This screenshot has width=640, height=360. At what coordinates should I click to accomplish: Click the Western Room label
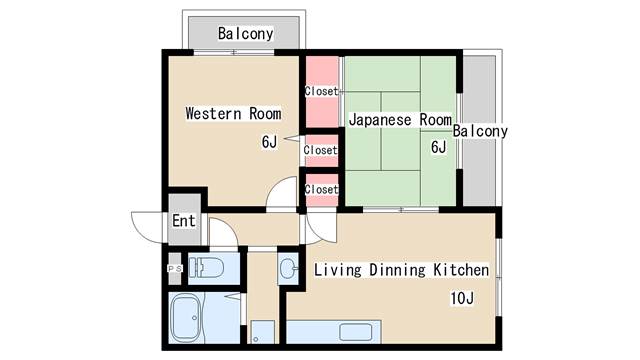233,113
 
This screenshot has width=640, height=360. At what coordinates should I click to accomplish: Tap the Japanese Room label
400,120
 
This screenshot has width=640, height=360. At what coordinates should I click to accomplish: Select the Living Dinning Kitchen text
401,270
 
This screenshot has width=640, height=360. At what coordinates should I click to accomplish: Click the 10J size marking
462,298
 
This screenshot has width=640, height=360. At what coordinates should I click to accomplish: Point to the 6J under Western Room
269,142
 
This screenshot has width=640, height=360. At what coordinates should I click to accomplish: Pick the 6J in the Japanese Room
439,147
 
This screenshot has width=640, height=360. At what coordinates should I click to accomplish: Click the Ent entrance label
184,221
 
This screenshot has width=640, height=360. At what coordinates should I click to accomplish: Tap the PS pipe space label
175,269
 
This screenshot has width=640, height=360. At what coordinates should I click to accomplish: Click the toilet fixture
207,268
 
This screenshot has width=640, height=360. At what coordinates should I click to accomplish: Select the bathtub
186,319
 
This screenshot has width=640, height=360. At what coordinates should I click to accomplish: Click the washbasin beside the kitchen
289,268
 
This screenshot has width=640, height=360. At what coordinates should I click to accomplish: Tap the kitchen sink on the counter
356,332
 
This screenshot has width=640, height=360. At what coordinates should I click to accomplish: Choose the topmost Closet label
322,91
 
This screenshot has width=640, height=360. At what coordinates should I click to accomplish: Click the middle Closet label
321,150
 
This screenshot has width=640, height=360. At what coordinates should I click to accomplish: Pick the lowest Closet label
322,189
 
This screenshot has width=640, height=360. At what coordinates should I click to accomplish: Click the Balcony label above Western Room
245,33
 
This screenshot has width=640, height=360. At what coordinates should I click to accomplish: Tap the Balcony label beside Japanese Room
480,131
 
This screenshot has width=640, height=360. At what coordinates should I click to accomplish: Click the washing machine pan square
262,332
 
